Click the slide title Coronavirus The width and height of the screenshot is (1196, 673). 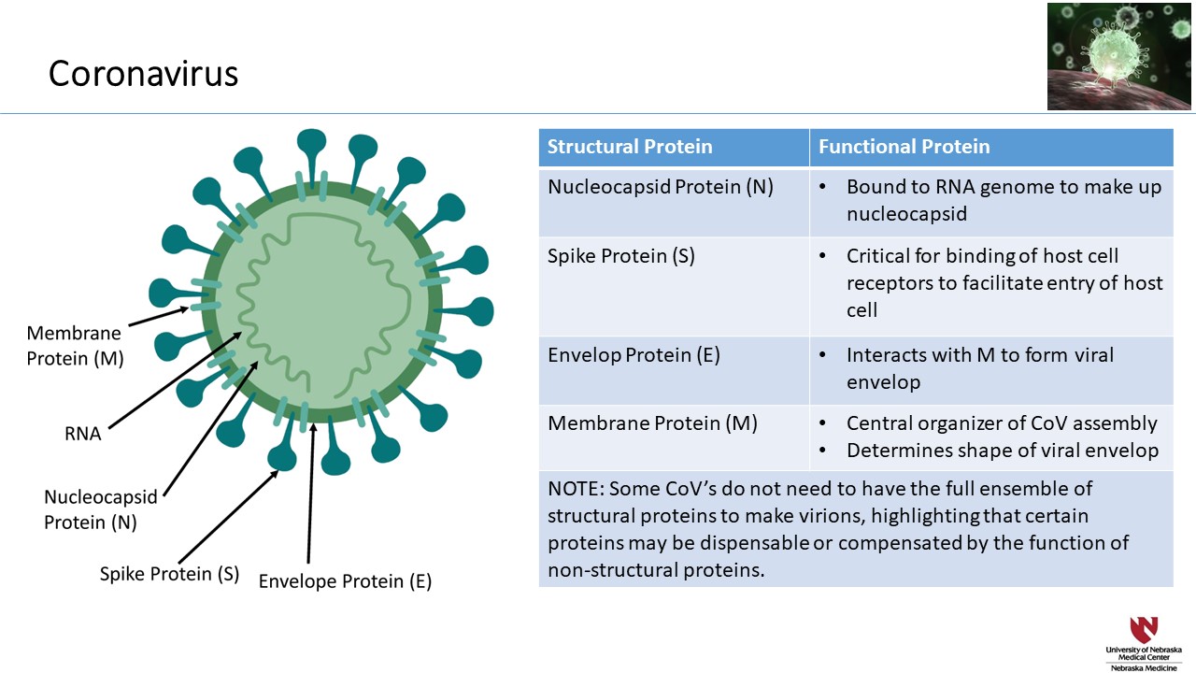[x=143, y=73]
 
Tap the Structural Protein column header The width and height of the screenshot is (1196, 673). [x=630, y=147]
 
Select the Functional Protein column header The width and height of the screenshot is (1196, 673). [x=904, y=147]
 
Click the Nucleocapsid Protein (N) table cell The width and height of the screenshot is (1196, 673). [x=660, y=187]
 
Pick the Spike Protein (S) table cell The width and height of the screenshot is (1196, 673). [x=620, y=256]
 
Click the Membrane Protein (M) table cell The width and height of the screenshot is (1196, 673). [x=651, y=423]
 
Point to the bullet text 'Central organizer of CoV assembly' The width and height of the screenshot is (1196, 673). [x=1002, y=423]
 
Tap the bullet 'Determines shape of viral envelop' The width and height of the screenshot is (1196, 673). [x=1002, y=451]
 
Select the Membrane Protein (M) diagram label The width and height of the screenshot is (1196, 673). [x=75, y=346]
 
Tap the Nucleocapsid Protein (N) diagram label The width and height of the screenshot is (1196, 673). [x=101, y=510]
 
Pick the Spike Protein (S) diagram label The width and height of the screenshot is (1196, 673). [x=170, y=573]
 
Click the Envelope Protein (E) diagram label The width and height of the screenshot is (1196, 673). [x=345, y=580]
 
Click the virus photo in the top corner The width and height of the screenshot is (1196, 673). [x=1119, y=56]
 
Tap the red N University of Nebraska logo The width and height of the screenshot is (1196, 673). [x=1143, y=629]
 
